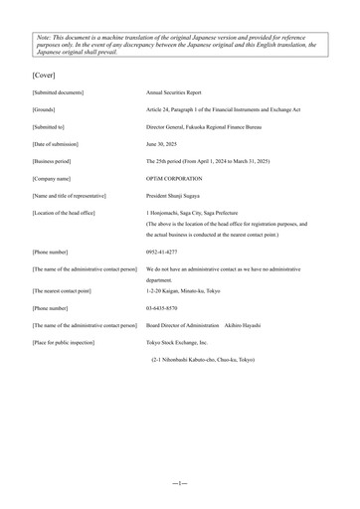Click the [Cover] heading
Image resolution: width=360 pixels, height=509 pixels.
tap(44, 75)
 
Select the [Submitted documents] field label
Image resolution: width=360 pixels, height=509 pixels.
tap(59, 92)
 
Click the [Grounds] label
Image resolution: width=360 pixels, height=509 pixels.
tap(45, 109)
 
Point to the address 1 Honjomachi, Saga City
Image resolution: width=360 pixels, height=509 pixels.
tap(199, 212)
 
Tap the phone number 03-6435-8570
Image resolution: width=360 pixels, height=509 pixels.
tap(162, 308)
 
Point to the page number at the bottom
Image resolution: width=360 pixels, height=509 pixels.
tap(179, 482)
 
